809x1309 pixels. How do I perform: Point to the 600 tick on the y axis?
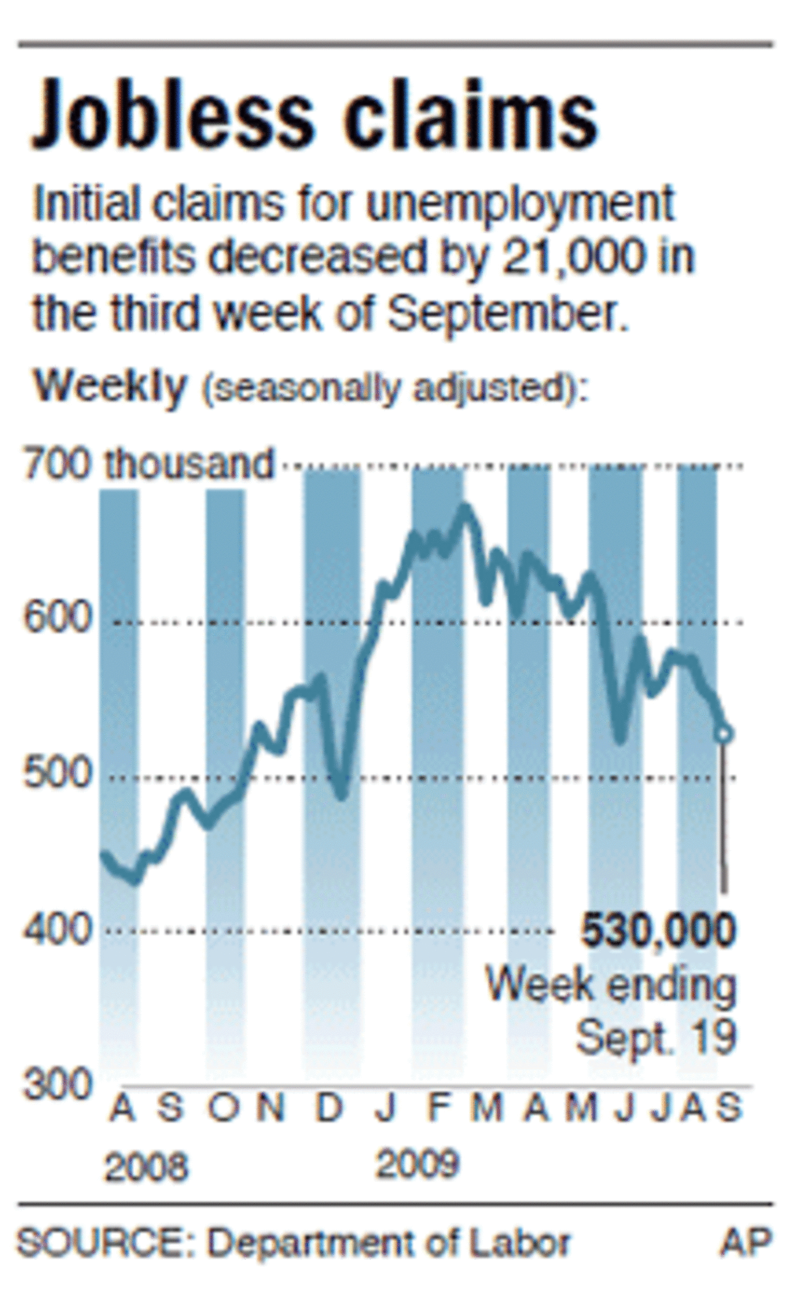click(56, 618)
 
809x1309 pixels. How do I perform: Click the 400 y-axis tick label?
click(56, 929)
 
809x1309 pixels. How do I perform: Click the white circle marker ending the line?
click(723, 734)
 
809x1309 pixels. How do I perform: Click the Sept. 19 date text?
click(656, 1037)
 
